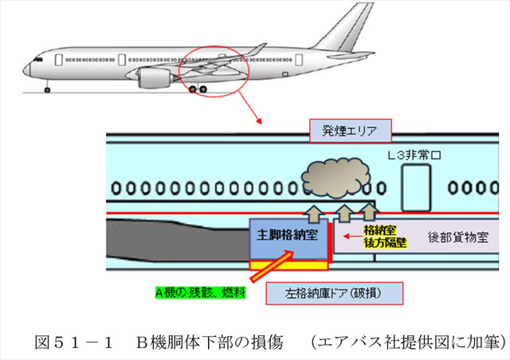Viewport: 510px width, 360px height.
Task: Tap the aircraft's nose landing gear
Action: point(46,87)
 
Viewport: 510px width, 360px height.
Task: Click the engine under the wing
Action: point(155,78)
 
